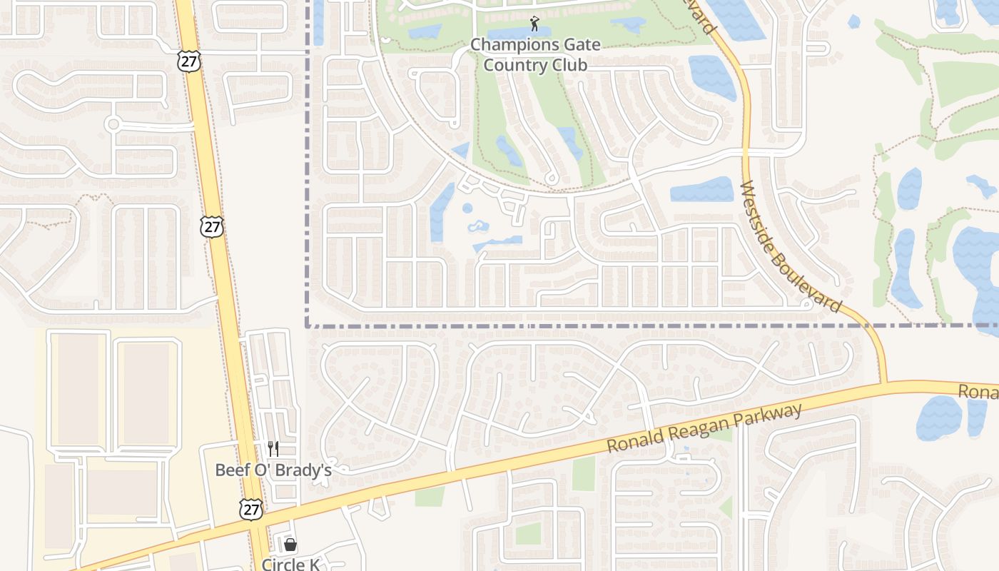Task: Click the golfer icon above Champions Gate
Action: (x=534, y=24)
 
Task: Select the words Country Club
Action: (x=535, y=65)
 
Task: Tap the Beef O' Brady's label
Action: (x=273, y=470)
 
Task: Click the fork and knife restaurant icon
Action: (x=273, y=448)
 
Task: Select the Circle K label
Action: (x=290, y=564)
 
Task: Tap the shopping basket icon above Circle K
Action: (x=290, y=545)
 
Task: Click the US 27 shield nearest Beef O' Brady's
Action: (x=251, y=509)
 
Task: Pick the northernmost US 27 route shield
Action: (x=190, y=61)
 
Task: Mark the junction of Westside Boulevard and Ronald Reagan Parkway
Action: (x=885, y=385)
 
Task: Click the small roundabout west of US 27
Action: (x=113, y=124)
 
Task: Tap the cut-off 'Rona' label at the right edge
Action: (x=978, y=391)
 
